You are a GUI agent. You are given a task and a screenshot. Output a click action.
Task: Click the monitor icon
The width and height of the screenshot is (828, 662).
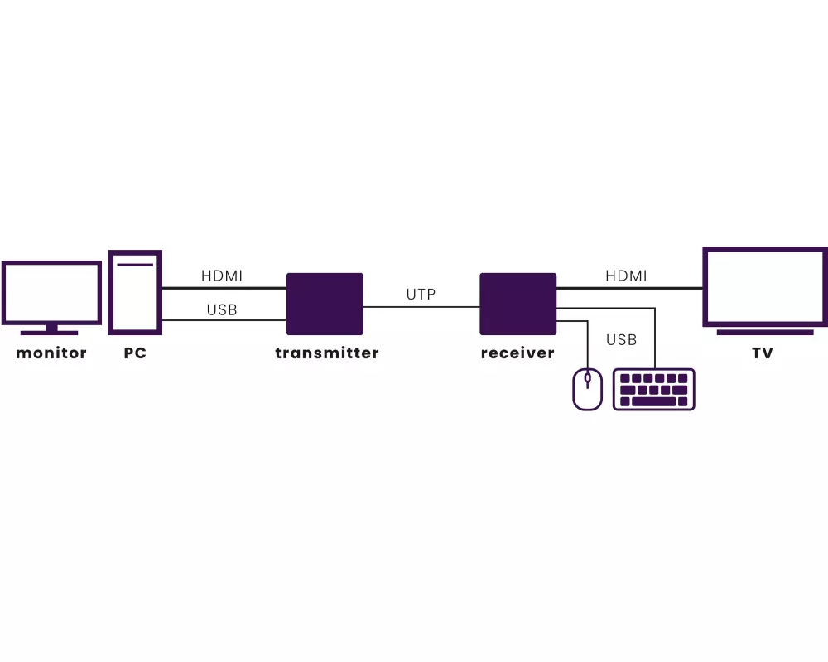click(51, 293)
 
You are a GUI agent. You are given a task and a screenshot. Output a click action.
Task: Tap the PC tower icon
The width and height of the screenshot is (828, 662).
click(135, 292)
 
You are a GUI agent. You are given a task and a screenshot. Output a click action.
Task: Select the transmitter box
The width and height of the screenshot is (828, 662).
click(325, 304)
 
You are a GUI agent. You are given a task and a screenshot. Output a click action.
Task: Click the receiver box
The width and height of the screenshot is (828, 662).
click(518, 304)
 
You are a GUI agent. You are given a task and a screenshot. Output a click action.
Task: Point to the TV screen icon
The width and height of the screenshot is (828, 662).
click(765, 286)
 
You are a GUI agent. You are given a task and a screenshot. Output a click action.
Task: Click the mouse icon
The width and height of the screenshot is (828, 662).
click(588, 389)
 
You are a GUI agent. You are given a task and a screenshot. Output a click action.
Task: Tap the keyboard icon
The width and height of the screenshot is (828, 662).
click(654, 389)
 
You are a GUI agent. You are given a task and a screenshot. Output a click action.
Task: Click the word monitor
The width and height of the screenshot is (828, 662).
click(51, 353)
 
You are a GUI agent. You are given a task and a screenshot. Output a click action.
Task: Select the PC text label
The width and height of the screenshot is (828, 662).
click(135, 353)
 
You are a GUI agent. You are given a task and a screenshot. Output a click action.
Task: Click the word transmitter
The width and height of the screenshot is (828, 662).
click(327, 353)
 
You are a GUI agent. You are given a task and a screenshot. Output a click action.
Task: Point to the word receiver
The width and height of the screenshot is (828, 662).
click(517, 353)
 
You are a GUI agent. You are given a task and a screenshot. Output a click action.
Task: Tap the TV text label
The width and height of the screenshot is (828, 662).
click(763, 353)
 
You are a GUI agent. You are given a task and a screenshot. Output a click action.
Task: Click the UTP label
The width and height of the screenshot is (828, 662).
click(421, 294)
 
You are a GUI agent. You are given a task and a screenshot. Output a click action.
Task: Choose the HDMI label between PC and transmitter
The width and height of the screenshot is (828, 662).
click(222, 276)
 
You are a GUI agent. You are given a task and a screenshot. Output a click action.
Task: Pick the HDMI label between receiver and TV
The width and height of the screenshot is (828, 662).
click(626, 276)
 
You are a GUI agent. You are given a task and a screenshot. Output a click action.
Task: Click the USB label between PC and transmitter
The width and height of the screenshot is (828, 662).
click(222, 310)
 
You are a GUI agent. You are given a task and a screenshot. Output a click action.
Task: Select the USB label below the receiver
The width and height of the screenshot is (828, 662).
click(621, 340)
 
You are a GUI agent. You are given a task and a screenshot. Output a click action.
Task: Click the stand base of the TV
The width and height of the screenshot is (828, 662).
click(765, 333)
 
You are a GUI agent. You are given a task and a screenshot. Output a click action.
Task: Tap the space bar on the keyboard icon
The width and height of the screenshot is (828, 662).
click(654, 401)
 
